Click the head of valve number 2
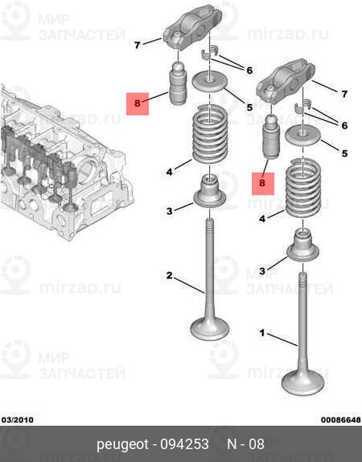pos(210,329)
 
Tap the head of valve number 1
pos(303,383)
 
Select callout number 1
pos(262,333)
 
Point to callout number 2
pos(169,276)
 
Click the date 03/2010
pos(18,420)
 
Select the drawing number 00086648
pos(340,420)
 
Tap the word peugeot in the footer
pos(123,444)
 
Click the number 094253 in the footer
pos(184,444)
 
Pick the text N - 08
pos(246,444)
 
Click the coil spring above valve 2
pos(210,134)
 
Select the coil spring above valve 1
pos(303,189)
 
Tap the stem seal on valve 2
pos(209,191)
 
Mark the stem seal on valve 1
pos(303,245)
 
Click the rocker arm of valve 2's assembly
pos(193,28)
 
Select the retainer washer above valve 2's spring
pos(209,82)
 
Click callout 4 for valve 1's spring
pos(262,219)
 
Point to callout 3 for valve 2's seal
pos(169,211)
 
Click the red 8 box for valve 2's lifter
pos(138,104)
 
